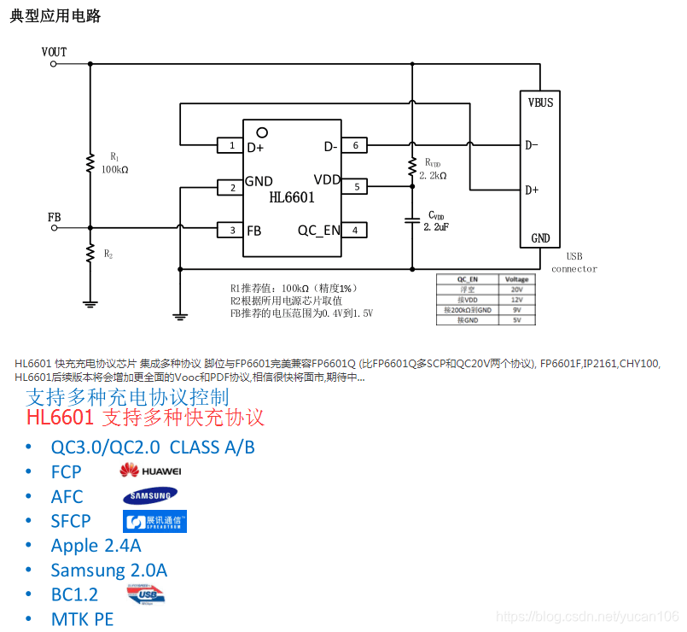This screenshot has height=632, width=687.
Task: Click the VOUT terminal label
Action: click(54, 52)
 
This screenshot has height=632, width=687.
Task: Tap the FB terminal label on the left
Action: click(54, 218)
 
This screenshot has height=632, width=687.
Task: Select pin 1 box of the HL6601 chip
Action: click(231, 146)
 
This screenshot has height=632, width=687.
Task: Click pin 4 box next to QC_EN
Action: click(354, 230)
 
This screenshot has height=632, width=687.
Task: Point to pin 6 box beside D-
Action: click(354, 146)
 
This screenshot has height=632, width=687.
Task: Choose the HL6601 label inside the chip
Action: click(292, 198)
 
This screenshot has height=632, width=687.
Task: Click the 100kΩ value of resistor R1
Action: click(114, 169)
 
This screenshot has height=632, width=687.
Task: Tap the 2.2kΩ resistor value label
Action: click(433, 175)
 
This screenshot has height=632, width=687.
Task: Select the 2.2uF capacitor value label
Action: click(436, 226)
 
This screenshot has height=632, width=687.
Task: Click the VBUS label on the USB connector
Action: click(540, 102)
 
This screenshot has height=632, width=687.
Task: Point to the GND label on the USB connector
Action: click(540, 238)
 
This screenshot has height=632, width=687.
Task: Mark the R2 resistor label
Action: click(108, 254)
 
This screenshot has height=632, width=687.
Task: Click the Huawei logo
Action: click(150, 471)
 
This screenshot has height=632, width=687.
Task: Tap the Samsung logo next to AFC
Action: click(150, 496)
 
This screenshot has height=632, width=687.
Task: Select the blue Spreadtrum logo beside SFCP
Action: click(154, 521)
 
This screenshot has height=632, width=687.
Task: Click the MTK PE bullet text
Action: click(82, 619)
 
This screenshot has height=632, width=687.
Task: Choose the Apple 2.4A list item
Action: click(96, 545)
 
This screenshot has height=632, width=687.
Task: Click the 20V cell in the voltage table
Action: click(516, 290)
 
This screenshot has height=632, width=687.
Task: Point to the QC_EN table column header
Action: click(467, 279)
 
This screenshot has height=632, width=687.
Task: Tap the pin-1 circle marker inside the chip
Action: click(262, 132)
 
